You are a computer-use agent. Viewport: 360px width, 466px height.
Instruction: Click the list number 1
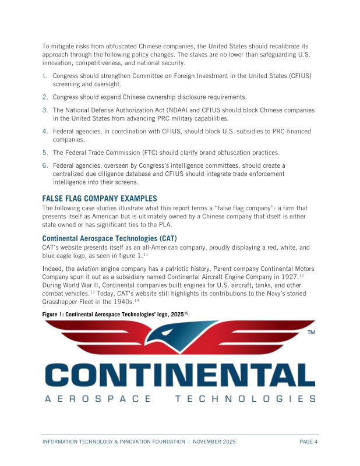(44, 76)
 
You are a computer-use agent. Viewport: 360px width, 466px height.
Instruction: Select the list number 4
(44, 132)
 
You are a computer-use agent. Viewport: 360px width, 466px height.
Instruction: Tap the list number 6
(44, 166)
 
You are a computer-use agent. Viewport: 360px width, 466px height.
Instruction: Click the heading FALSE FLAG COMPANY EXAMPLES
(100, 198)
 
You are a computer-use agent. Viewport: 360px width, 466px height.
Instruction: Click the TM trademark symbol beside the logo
(311, 332)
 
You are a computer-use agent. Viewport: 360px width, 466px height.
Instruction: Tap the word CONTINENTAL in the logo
(179, 375)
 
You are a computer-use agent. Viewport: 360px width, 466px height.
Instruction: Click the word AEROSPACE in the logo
(97, 399)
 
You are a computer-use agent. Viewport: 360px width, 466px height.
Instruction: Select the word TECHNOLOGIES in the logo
(245, 399)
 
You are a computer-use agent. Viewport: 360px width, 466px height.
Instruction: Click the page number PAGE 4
(308, 442)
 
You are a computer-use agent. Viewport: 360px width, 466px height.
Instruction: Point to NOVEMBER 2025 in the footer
(214, 442)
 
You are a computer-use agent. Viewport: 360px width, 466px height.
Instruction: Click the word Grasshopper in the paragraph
(65, 301)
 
